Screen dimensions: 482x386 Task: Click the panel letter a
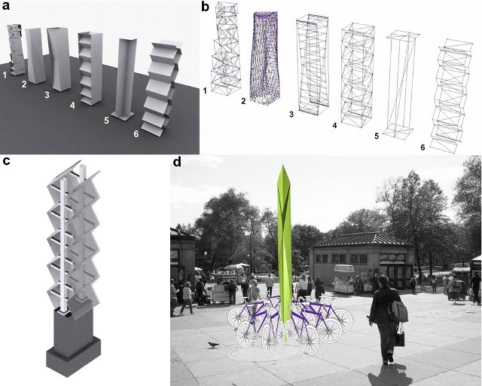(6, 6)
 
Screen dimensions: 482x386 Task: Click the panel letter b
(206, 7)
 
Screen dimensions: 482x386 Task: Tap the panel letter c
(6, 161)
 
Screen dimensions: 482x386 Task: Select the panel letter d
(177, 161)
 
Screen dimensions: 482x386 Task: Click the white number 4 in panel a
(72, 106)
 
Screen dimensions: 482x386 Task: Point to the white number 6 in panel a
(136, 134)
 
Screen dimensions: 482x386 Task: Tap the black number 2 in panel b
(243, 101)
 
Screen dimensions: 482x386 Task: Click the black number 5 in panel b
(377, 136)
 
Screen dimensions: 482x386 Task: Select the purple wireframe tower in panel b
(264, 58)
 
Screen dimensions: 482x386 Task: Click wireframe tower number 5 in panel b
(401, 84)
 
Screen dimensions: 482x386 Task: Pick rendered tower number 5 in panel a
(124, 79)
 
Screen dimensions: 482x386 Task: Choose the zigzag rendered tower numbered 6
(161, 87)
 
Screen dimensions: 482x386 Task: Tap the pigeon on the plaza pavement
(213, 345)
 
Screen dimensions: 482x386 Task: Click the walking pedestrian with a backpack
(386, 319)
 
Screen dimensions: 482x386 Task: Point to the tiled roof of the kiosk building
(363, 240)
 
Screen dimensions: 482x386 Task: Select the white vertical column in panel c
(63, 247)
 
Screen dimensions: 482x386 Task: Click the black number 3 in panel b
(291, 114)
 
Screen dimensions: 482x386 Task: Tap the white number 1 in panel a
(5, 75)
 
